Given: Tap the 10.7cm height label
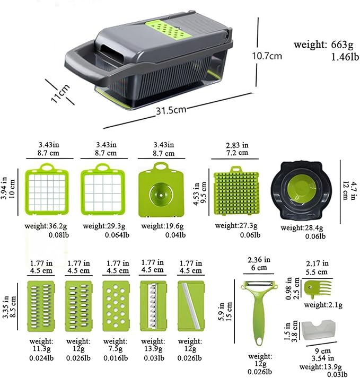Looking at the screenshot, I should coord(267,55).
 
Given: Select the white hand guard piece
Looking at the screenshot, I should coord(319,332).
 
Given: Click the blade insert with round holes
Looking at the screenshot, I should coord(115,306).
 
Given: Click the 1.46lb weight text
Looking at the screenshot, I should coord(329,57).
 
